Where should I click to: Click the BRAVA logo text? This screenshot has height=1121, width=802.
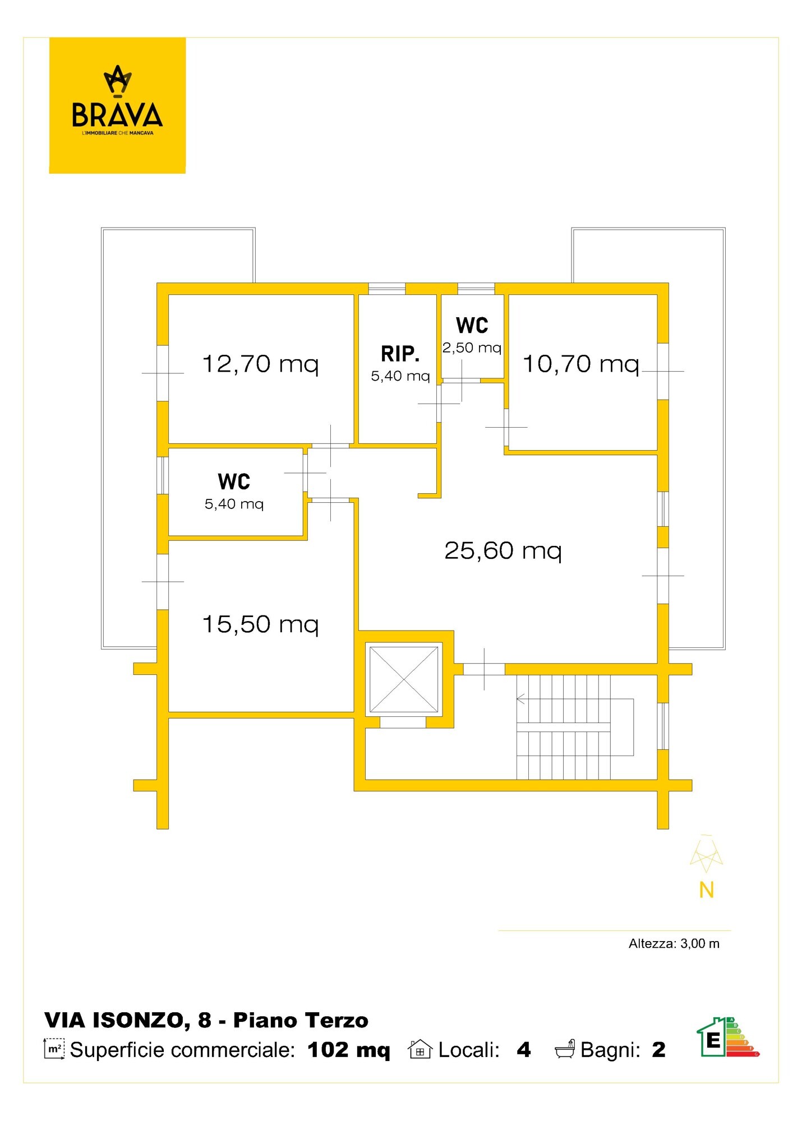117,114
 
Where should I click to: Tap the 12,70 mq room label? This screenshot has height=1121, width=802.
260,364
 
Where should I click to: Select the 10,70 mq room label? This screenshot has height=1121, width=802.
581,364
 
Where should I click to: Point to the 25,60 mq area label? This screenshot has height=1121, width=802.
503,551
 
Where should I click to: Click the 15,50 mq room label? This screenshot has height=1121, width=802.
260,624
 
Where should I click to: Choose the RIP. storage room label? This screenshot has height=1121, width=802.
400,354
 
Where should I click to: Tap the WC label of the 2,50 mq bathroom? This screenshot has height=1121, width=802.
472,325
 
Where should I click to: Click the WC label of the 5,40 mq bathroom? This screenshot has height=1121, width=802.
234,481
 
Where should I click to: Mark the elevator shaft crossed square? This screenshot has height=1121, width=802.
404,679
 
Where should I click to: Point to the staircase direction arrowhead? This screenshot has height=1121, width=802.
520,699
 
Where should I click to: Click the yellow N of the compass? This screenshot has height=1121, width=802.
707,890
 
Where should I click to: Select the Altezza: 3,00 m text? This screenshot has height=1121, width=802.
674,944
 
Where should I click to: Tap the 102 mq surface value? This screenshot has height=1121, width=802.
348,1050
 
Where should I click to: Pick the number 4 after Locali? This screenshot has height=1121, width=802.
524,1050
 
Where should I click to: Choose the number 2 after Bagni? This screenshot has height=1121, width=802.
659,1050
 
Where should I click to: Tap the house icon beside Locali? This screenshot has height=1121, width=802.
420,1049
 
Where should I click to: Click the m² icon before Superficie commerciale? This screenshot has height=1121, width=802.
54,1049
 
